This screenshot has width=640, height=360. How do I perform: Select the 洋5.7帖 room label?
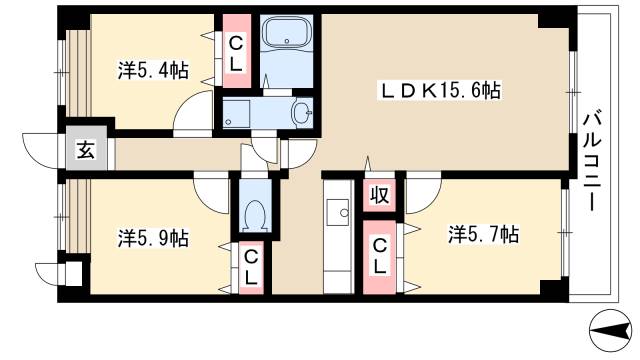pyautogui.click(x=482, y=236)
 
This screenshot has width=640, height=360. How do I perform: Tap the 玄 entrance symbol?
pyautogui.click(x=87, y=152)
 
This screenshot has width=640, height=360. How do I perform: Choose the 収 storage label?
pyautogui.click(x=380, y=195)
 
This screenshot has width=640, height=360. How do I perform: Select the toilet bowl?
pyautogui.click(x=255, y=213)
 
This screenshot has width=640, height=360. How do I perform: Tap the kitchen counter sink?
pyautogui.click(x=338, y=211)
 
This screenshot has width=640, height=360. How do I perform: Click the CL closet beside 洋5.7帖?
pyautogui.click(x=379, y=259)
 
